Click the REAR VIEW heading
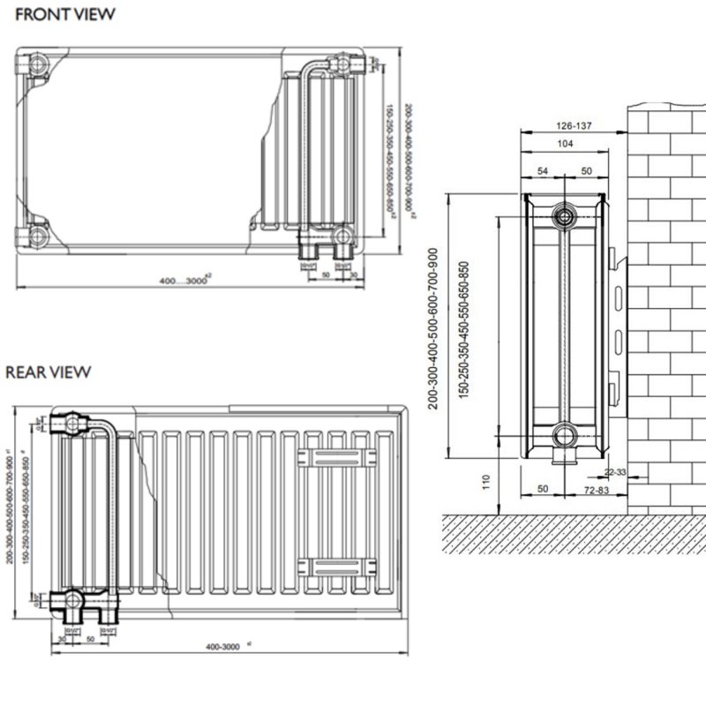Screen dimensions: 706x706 [49, 372]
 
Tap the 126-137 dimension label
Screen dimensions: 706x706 [574, 126]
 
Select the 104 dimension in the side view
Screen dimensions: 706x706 [566, 144]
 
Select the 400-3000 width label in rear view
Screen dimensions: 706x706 [223, 647]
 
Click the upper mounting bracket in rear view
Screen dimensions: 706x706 [332, 456]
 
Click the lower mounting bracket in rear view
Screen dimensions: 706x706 [332, 566]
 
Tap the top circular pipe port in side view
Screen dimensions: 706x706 [563, 217]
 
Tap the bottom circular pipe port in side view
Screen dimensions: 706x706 [563, 435]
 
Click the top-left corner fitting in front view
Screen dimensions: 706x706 [38, 66]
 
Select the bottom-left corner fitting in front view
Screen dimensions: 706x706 [38, 237]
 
